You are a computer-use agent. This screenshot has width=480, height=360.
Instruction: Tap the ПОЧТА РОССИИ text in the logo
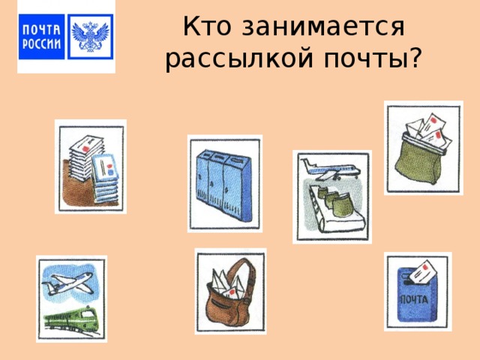[42, 36]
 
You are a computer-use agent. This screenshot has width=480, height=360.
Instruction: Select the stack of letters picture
[90, 166]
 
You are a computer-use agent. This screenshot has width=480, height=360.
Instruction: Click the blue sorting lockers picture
[224, 183]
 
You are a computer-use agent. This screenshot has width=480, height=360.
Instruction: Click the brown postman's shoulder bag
[229, 292]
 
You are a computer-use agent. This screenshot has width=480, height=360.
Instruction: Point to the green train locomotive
[71, 319]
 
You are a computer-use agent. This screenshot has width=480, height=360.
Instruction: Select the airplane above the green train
[69, 283]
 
